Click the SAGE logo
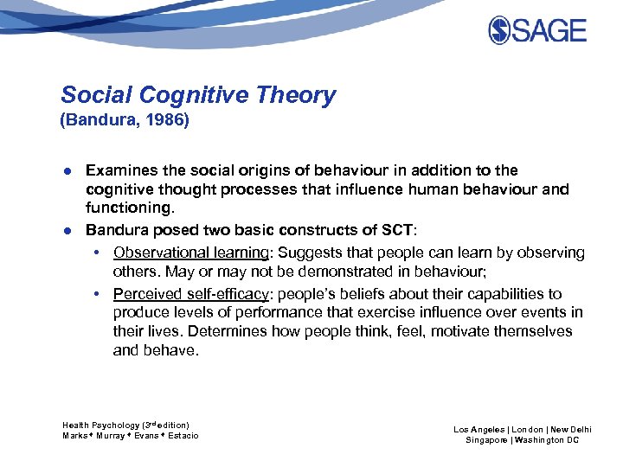click(537, 31)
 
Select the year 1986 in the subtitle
click(163, 120)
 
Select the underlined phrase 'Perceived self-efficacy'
click(191, 294)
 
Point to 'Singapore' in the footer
click(485, 440)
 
